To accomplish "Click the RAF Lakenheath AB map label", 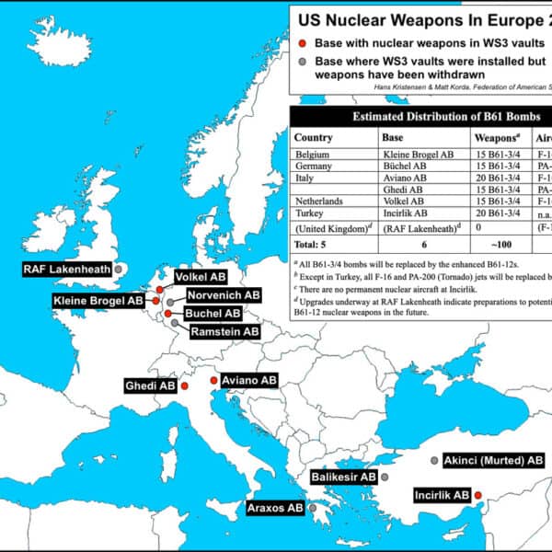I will point(66,270).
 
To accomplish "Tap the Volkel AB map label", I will point(200,276).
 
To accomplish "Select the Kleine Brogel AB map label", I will point(98,301).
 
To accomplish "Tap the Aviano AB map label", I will point(248,380).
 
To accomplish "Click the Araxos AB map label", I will point(275,507).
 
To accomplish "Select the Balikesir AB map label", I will point(343,477).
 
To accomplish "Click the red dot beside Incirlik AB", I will point(477,495).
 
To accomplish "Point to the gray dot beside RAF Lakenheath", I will point(118,269).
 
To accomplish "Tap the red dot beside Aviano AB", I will point(213,380).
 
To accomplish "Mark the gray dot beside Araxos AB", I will point(313,507).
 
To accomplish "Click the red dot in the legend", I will point(303,43).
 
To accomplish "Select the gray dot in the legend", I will point(303,62).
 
